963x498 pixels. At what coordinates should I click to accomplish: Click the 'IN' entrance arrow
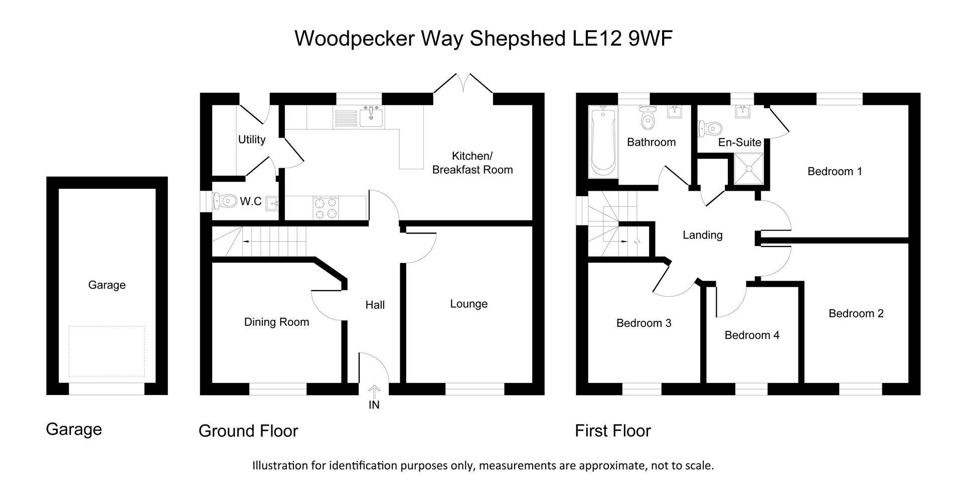coord(374,392)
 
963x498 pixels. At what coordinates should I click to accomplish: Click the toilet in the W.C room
coord(224,201)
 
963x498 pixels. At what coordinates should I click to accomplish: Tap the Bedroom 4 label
coord(752,335)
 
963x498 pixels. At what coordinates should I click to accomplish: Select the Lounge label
coord(468,304)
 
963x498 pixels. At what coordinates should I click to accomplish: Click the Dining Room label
coord(276,322)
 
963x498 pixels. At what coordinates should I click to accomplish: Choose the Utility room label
coord(252,140)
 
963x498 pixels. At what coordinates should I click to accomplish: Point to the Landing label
coord(702,235)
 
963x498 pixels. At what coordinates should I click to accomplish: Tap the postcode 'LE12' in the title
coord(598,38)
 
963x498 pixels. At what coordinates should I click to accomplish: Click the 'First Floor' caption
coord(612,431)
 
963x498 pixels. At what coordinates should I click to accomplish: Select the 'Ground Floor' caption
coord(248,431)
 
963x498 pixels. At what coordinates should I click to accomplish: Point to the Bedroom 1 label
coord(835,172)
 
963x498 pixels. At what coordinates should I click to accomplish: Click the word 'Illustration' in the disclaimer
coord(280,465)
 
